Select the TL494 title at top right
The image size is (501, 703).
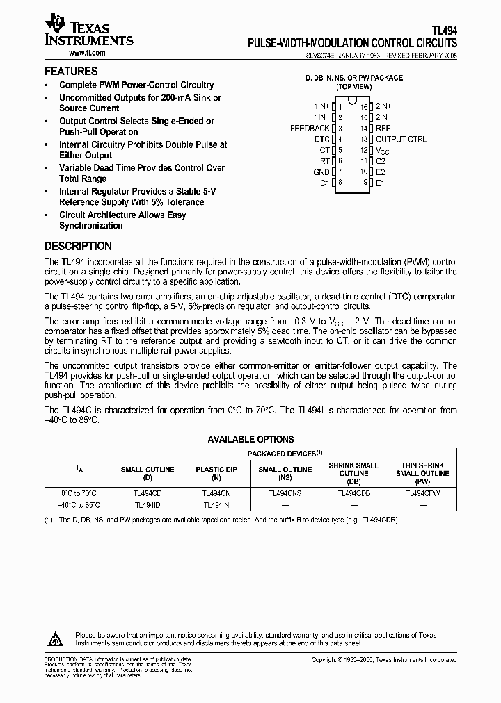click(x=444, y=31)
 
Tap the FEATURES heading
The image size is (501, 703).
click(x=71, y=71)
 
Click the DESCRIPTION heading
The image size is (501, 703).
click(x=78, y=246)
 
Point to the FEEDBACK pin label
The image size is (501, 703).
click(x=310, y=129)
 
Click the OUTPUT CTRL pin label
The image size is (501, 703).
click(x=401, y=139)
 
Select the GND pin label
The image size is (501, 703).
click(x=321, y=172)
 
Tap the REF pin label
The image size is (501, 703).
click(x=383, y=129)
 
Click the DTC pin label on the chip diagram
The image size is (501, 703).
click(x=321, y=139)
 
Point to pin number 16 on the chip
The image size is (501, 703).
click(x=363, y=107)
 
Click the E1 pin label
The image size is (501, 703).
click(x=380, y=183)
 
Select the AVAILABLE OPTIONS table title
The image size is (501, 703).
click(x=250, y=439)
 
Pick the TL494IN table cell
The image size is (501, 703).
click(x=216, y=505)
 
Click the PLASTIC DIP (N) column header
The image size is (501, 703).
click(x=216, y=474)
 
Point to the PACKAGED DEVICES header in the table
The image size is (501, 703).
click(x=285, y=452)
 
